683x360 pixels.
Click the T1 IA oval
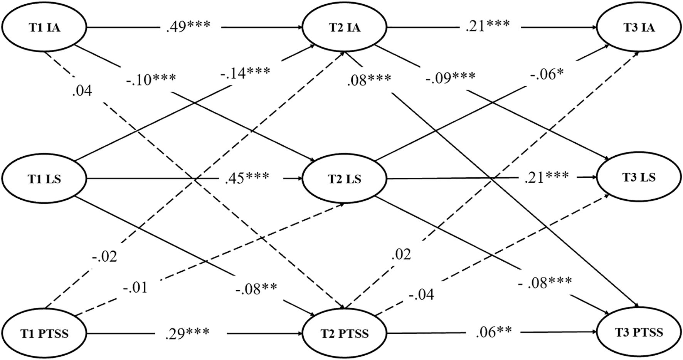click(x=44, y=28)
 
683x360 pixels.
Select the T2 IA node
click(x=345, y=28)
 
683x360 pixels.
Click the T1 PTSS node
click(x=44, y=333)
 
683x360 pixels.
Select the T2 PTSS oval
click(x=345, y=333)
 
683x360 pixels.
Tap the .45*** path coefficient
click(x=247, y=178)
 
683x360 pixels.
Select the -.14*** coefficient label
click(x=245, y=72)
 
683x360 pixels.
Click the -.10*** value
click(x=151, y=81)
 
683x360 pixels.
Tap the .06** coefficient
click(x=493, y=331)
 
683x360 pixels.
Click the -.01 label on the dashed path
click(x=135, y=288)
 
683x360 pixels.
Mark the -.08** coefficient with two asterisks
click(x=257, y=288)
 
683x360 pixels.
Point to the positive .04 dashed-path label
click(x=82, y=91)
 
